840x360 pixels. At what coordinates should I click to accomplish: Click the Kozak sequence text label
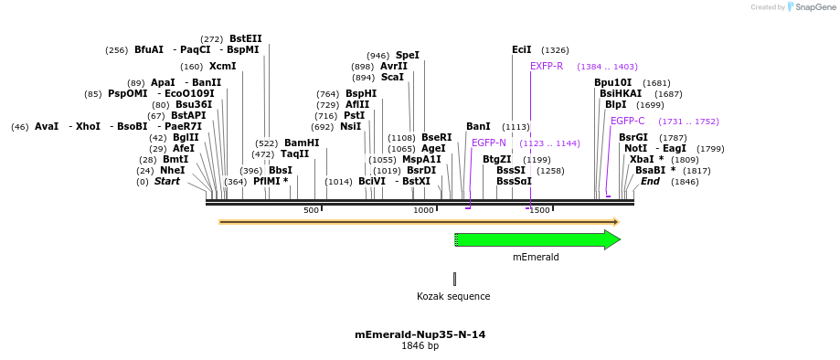(453, 296)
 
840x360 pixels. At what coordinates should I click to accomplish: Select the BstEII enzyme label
(245, 38)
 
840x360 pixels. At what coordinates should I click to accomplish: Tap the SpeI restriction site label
(407, 55)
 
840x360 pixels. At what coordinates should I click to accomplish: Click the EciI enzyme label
(521, 49)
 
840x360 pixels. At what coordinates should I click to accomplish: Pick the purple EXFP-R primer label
(547, 66)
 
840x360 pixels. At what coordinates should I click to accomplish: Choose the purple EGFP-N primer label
(488, 143)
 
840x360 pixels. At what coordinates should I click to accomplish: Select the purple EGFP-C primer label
(627, 121)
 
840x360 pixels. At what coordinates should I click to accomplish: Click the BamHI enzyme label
(302, 143)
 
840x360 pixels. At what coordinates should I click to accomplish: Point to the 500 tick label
(311, 210)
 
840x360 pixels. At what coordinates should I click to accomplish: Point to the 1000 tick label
(423, 210)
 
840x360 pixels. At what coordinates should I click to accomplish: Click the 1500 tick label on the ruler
(539, 210)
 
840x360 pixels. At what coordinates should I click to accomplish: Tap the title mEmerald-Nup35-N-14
(420, 334)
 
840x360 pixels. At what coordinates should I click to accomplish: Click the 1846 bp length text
(420, 346)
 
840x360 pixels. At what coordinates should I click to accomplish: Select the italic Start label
(167, 181)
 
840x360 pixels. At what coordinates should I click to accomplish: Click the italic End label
(650, 181)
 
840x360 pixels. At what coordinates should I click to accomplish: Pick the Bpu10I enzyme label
(612, 82)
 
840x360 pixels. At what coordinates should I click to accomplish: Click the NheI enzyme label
(172, 170)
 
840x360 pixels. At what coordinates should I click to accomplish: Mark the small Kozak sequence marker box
(454, 278)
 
